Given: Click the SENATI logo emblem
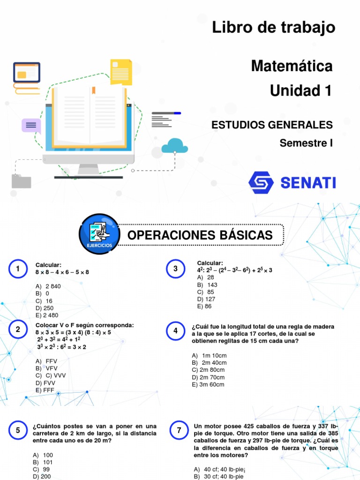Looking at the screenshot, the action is click(x=261, y=183).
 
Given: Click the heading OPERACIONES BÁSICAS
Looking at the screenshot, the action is click(x=200, y=235).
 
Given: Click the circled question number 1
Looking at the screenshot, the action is click(x=18, y=269).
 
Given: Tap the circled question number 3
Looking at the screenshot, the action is click(x=175, y=269).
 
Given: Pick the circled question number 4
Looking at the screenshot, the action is click(x=175, y=331).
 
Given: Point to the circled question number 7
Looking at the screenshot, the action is click(x=179, y=430).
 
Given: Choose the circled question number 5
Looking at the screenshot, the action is click(x=18, y=430).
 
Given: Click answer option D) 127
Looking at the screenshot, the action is click(x=206, y=299).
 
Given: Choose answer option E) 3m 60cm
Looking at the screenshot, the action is click(x=208, y=384).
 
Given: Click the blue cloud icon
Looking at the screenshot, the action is click(x=174, y=146).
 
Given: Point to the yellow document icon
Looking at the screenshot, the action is click(x=121, y=72).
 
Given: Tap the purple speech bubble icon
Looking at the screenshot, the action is click(x=31, y=125).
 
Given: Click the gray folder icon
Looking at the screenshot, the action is click(x=21, y=181).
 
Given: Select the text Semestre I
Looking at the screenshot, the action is click(x=306, y=143).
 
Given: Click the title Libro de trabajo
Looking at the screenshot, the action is click(x=274, y=28).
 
